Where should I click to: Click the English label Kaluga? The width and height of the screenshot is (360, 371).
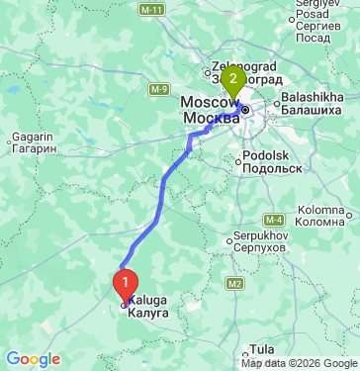pyautogui.click(x=148, y=300)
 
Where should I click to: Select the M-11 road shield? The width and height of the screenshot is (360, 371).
pyautogui.click(x=151, y=8)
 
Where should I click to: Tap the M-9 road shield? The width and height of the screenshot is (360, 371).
pyautogui.click(x=159, y=89)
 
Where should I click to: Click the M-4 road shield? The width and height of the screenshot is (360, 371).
pyautogui.click(x=275, y=218)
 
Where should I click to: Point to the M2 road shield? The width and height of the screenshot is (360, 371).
pyautogui.click(x=234, y=284)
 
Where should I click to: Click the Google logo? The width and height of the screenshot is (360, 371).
pyautogui.click(x=33, y=359)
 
